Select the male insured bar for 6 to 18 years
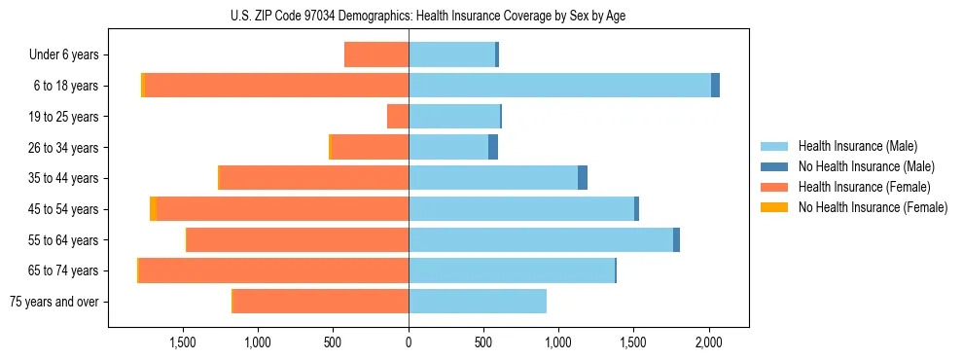click(559, 86)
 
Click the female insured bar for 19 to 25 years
click(398, 117)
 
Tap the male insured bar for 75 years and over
click(477, 301)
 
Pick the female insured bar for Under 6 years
click(376, 54)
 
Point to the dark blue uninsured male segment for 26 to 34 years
click(493, 147)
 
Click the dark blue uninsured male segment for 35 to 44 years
click(583, 178)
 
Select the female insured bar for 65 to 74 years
click(273, 270)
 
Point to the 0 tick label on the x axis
click(409, 342)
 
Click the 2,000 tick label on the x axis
click(709, 342)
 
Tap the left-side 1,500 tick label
click(183, 342)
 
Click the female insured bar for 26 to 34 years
click(371, 147)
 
